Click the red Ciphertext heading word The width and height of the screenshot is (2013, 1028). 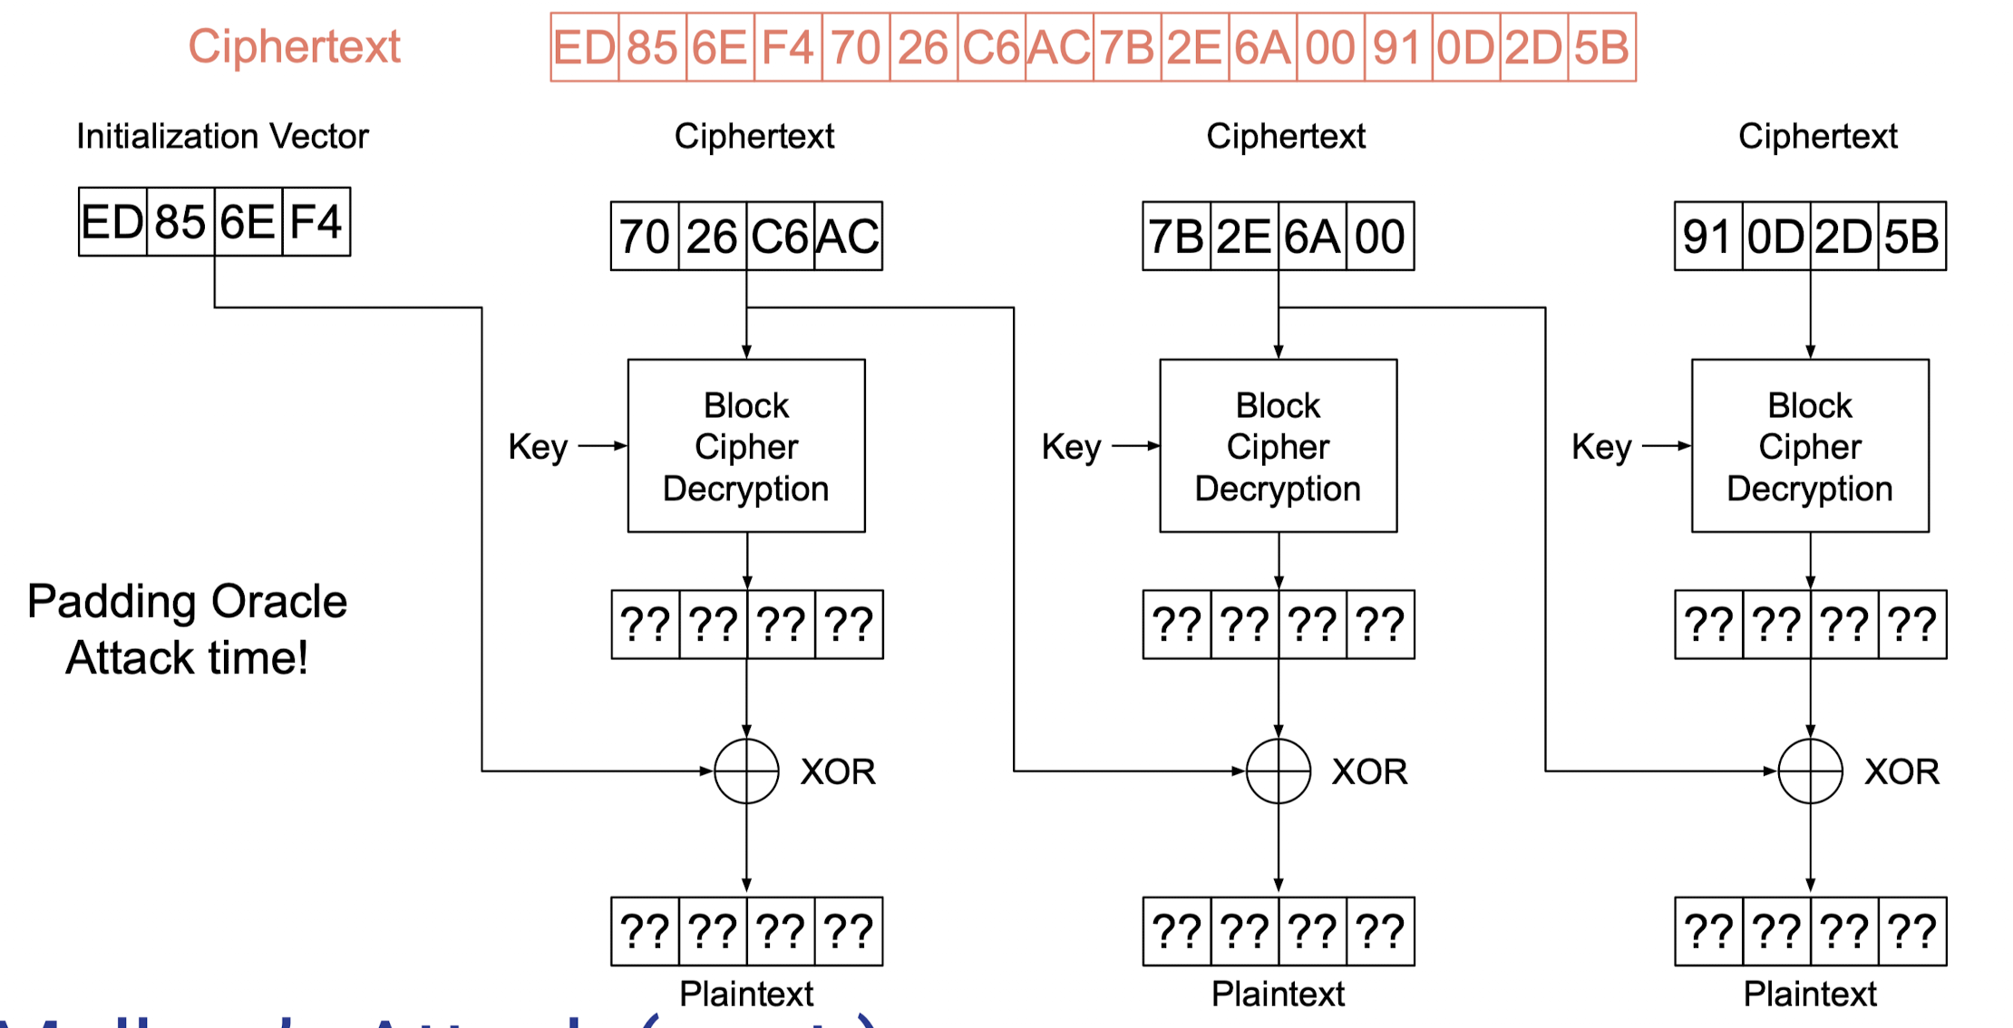[x=294, y=46]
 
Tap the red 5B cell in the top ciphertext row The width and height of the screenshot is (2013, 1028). [x=1601, y=47]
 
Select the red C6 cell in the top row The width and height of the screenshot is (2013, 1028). [x=991, y=47]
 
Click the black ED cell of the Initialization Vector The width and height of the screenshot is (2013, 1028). [x=112, y=222]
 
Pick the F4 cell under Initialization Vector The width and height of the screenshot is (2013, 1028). [x=316, y=222]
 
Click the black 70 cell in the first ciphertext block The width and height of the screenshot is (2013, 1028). [x=644, y=237]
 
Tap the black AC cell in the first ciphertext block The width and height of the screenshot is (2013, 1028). [x=848, y=237]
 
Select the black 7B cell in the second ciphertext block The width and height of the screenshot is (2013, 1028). [x=1176, y=237]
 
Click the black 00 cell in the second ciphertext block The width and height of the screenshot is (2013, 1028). [x=1380, y=237]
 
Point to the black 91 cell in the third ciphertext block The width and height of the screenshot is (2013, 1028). [x=1707, y=237]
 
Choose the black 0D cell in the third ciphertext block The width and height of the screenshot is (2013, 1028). [x=1775, y=237]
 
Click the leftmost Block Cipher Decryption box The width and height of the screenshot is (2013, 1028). [x=746, y=446]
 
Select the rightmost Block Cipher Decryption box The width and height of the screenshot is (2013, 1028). [x=1810, y=446]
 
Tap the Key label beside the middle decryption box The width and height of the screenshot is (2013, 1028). [x=1071, y=447]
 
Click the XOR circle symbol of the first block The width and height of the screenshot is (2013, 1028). [x=746, y=771]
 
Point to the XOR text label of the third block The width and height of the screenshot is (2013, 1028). [x=1901, y=771]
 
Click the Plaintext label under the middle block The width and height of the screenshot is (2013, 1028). [x=1278, y=994]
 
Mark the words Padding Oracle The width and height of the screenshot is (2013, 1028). [x=187, y=601]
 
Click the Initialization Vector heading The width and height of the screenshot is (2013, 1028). [x=222, y=137]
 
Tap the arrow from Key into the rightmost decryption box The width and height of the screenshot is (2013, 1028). [x=1667, y=446]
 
